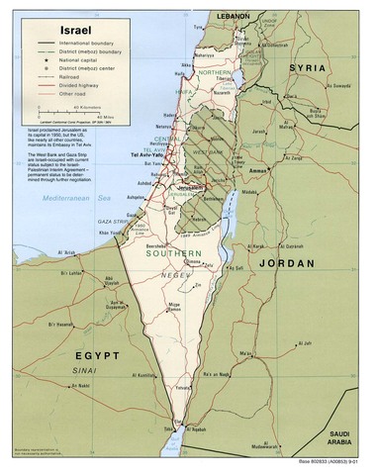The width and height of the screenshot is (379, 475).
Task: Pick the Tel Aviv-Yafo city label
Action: tap(150, 157)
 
